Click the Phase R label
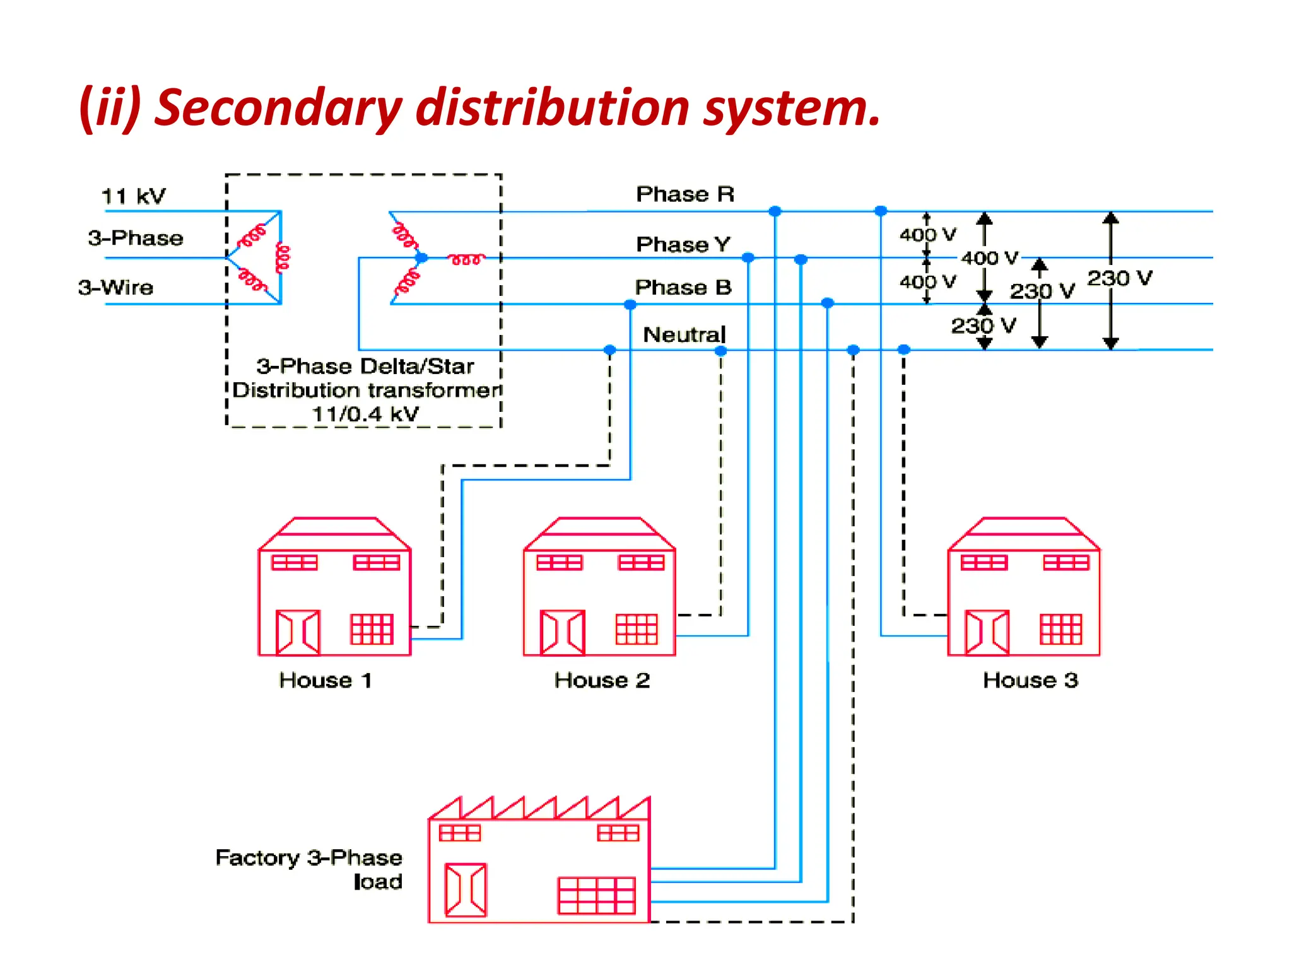(x=685, y=194)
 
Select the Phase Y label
(x=683, y=244)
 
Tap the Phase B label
(x=683, y=288)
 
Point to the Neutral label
(x=684, y=334)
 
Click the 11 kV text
(x=133, y=196)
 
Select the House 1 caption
(x=326, y=680)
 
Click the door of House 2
(x=562, y=632)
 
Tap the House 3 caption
(x=1030, y=680)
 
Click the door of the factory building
(x=466, y=890)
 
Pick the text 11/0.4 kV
(x=365, y=414)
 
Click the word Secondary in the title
(x=278, y=107)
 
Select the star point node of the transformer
(x=421, y=258)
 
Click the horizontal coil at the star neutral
(x=466, y=259)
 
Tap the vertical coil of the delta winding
(x=283, y=258)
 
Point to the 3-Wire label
(x=116, y=288)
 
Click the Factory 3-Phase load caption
(x=309, y=869)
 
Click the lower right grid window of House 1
(x=372, y=629)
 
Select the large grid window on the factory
(x=596, y=895)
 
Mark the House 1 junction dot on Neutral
(x=609, y=350)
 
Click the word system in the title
(x=792, y=107)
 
